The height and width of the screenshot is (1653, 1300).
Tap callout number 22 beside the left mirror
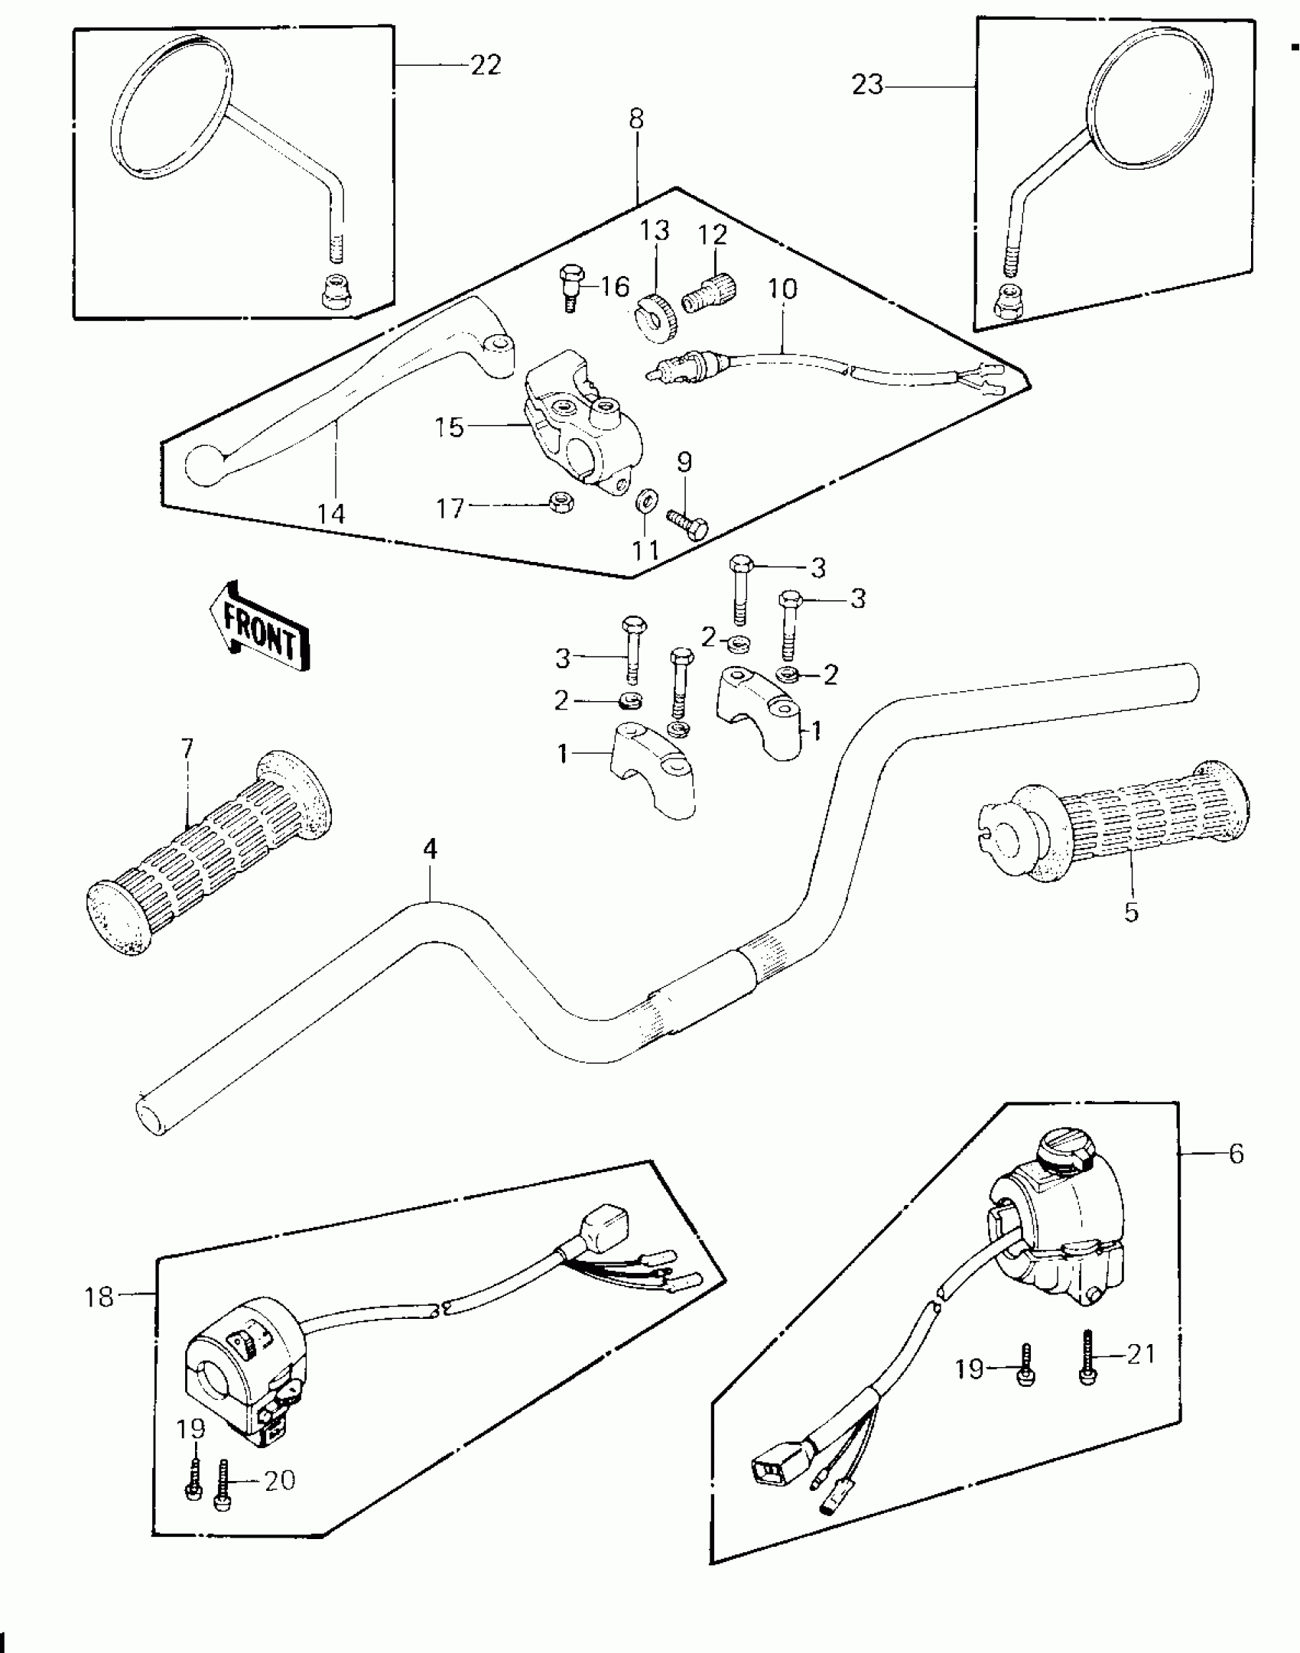[x=485, y=66]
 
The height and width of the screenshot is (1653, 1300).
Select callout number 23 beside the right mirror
[x=867, y=84]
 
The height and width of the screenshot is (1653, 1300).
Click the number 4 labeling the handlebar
[x=431, y=849]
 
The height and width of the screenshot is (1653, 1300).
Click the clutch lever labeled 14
[x=344, y=398]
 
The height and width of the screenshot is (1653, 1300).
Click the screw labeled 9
[x=688, y=524]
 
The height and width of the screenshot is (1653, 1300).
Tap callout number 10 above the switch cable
[x=782, y=289]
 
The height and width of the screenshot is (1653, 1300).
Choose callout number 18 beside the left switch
[x=99, y=1297]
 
